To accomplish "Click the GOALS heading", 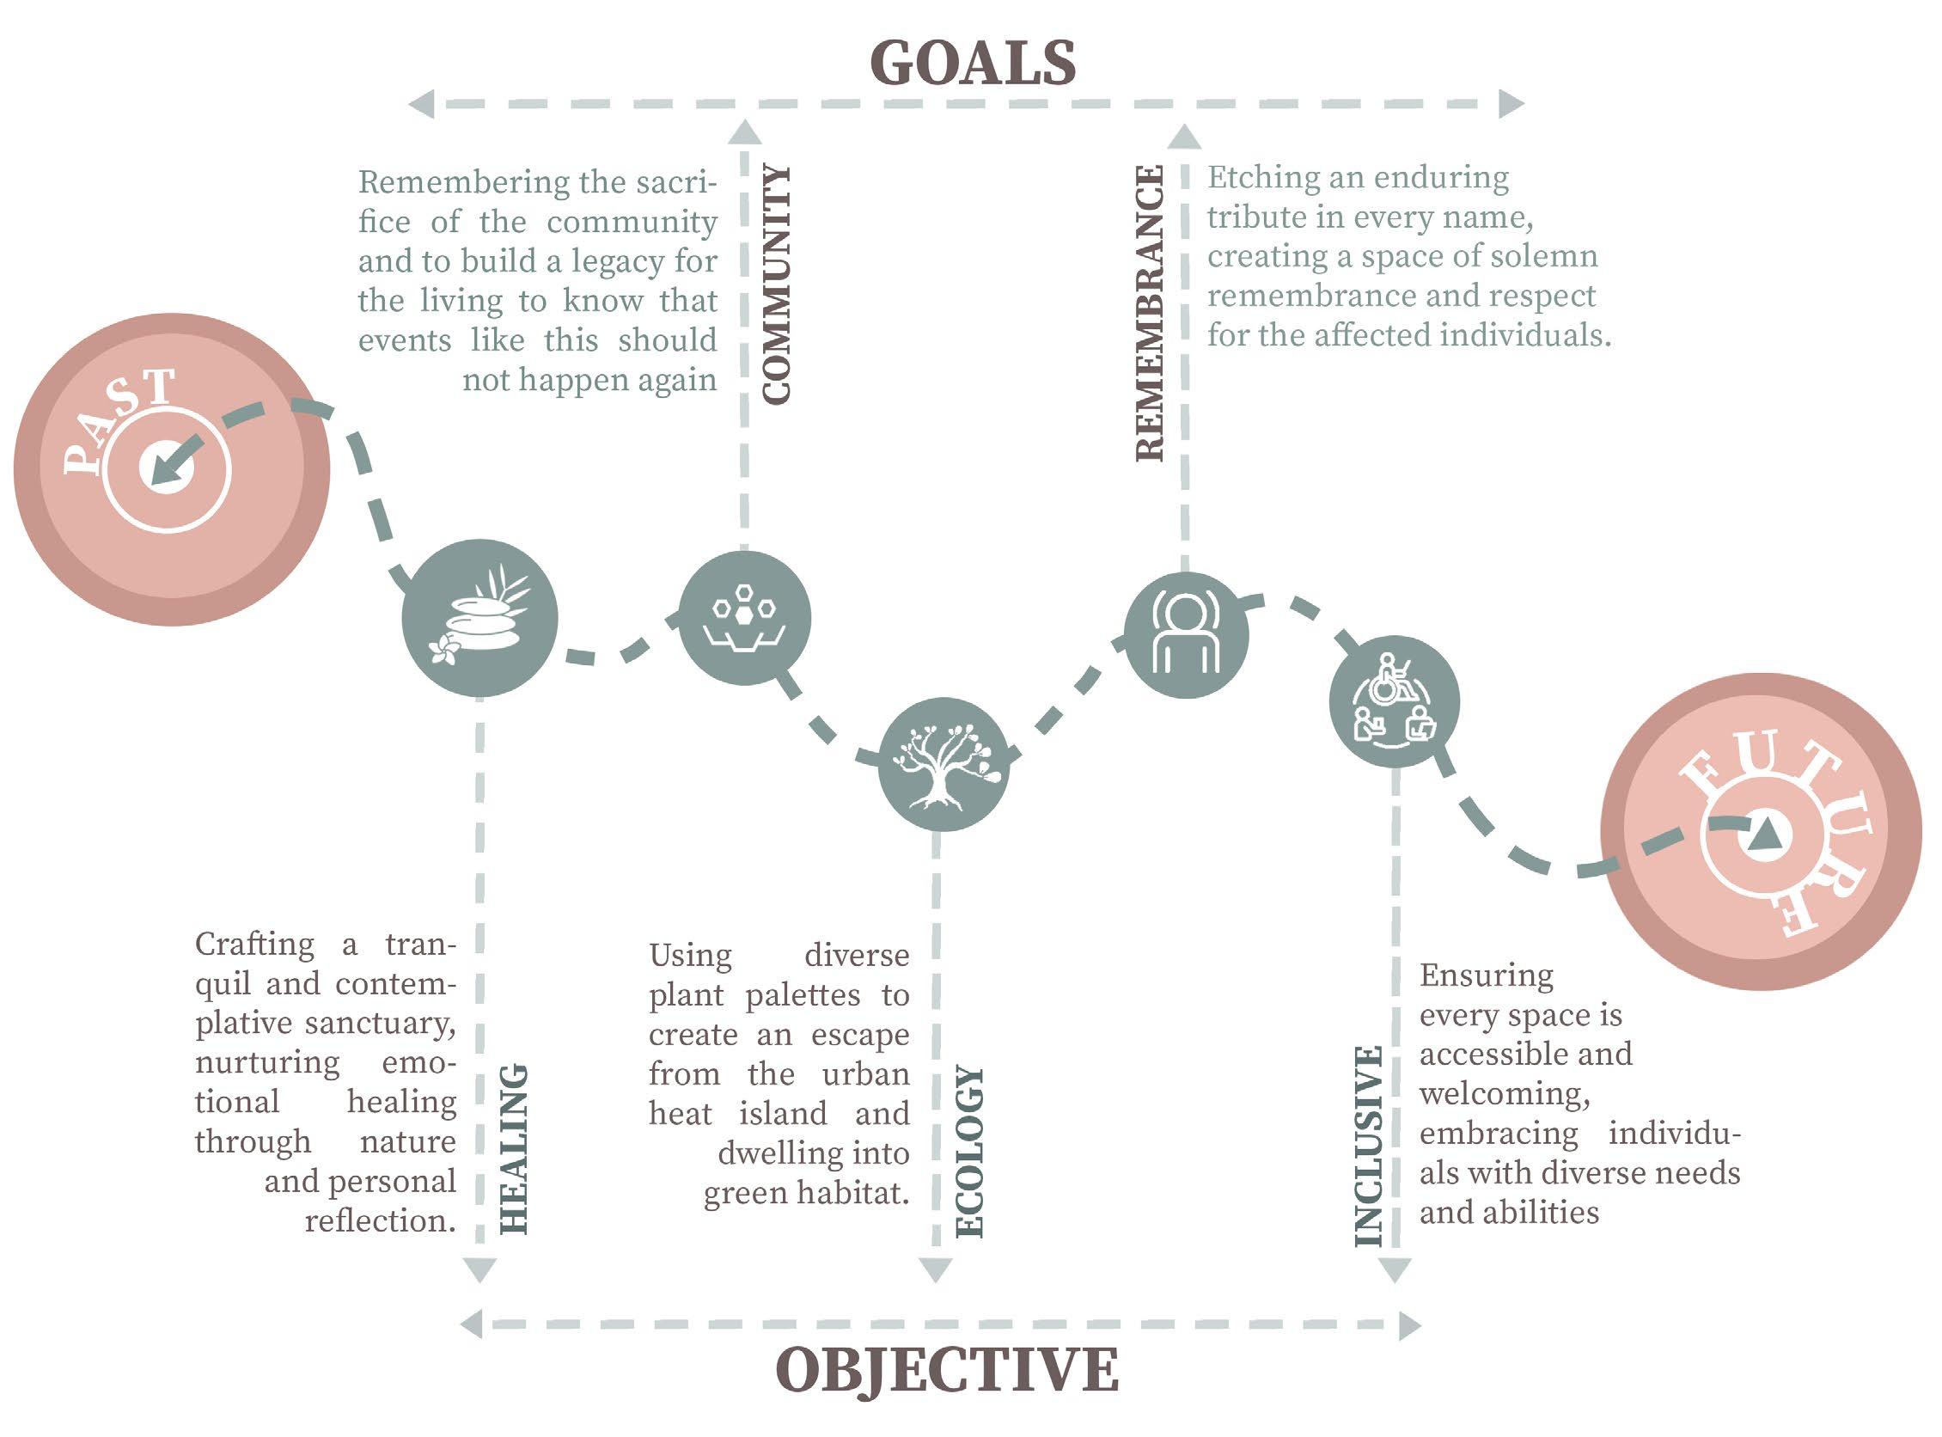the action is click(973, 64).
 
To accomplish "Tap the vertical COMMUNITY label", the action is click(777, 284).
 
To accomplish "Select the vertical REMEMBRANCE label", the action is click(1150, 313).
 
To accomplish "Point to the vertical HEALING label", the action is click(514, 1148).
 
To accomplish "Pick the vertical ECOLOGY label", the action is click(968, 1152).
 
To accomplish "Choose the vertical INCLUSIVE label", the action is click(1368, 1146).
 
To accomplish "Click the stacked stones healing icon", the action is click(479, 619).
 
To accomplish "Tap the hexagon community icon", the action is click(743, 618).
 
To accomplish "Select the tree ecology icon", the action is click(944, 765).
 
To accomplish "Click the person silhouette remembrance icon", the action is click(1185, 635).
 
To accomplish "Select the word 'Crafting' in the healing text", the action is click(254, 944).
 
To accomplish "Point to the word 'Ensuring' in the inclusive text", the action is click(1487, 975).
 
